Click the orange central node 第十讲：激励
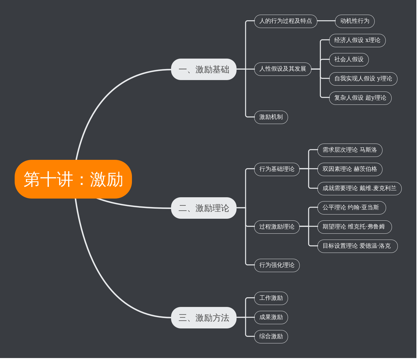pyautogui.click(x=73, y=179)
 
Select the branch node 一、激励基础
pyautogui.click(x=204, y=69)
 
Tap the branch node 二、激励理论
pyautogui.click(x=204, y=208)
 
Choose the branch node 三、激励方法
pyautogui.click(x=204, y=318)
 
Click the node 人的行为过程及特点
pyautogui.click(x=285, y=21)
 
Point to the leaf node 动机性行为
pyautogui.click(x=354, y=21)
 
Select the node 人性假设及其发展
pyautogui.click(x=282, y=69)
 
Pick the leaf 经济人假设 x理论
pyautogui.click(x=357, y=40)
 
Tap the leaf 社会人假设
pyautogui.click(x=349, y=60)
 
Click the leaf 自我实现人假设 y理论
pyautogui.click(x=363, y=79)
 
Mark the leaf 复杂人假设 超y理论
pyautogui.click(x=360, y=98)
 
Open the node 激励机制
pyautogui.click(x=271, y=117)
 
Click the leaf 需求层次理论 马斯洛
pyautogui.click(x=350, y=150)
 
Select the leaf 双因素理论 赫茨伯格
pyautogui.click(x=350, y=169)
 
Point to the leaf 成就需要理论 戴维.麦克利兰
pyautogui.click(x=359, y=188)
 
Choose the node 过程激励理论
pyautogui.click(x=277, y=227)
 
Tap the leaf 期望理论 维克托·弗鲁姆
pyautogui.click(x=354, y=227)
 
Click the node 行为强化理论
pyautogui.click(x=277, y=265)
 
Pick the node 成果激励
pyautogui.click(x=271, y=317)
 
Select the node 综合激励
pyautogui.click(x=271, y=337)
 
